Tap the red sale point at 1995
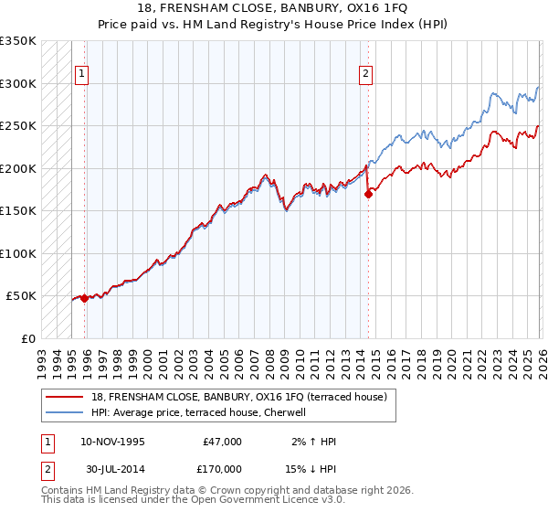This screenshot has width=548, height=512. tap(84, 298)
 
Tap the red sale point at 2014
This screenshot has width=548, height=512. tap(368, 194)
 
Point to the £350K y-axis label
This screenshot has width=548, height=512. tap(18, 41)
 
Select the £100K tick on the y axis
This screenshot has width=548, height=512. tap(18, 253)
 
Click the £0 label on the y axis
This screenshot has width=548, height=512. tap(27, 338)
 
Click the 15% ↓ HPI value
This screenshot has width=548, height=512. tap(311, 469)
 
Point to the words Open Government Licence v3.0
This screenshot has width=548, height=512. tap(266, 500)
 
